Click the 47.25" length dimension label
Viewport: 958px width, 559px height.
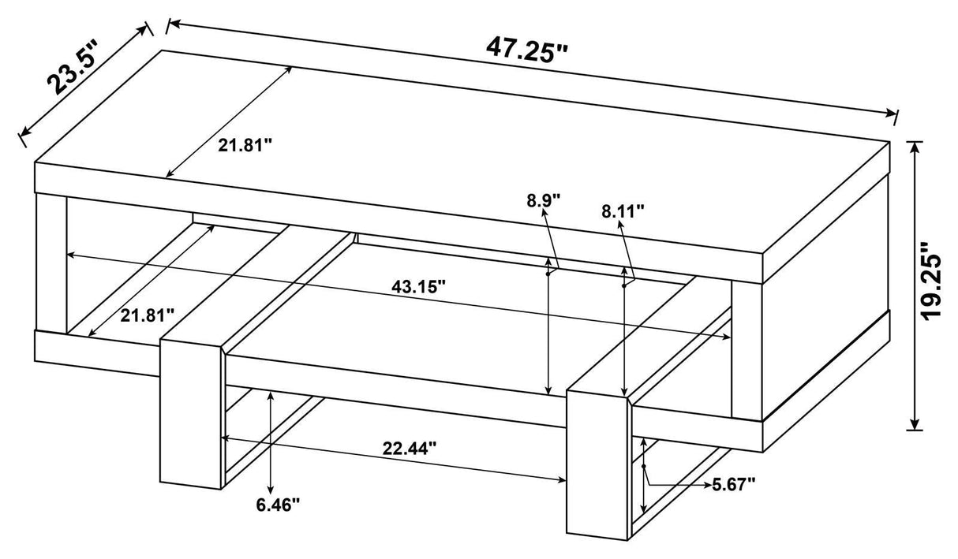(526, 50)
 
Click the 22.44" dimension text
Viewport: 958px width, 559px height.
(410, 449)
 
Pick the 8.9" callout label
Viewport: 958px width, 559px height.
(543, 200)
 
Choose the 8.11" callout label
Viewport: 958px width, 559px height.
(623, 211)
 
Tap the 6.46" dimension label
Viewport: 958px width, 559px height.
(279, 505)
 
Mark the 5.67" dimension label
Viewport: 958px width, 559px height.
(734, 485)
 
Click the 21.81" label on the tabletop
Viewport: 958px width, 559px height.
(245, 146)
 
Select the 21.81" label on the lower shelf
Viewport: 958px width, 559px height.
(148, 316)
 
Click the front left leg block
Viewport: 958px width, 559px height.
(193, 413)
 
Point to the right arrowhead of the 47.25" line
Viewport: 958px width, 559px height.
(891, 114)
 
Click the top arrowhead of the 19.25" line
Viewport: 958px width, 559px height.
(915, 147)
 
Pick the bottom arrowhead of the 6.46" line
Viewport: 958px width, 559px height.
(271, 490)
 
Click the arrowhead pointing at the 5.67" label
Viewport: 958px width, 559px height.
(706, 485)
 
